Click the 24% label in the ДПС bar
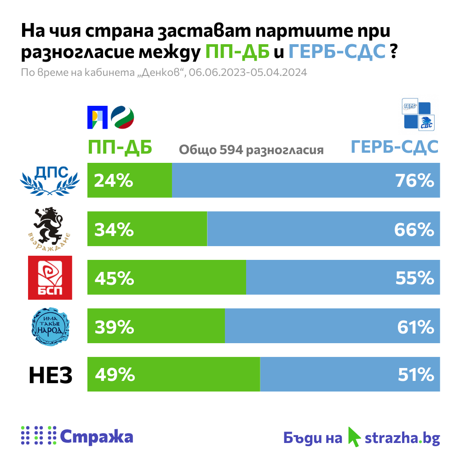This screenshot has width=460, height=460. point(114,181)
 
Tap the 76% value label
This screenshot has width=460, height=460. point(414,181)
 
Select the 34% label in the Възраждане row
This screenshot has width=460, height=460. point(114,229)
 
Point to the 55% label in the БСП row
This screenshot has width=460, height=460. point(414,277)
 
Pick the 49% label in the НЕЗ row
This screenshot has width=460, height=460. point(115,375)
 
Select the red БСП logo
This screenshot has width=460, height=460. point(50,277)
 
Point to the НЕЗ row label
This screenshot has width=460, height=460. point(51,375)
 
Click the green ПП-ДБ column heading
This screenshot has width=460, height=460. point(120,148)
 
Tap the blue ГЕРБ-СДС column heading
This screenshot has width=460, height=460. point(394,147)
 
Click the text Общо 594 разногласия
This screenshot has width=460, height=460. point(251,150)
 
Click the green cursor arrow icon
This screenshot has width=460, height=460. point(354,436)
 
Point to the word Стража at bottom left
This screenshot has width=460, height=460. point(97,436)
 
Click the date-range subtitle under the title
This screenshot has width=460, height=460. point(164,73)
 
